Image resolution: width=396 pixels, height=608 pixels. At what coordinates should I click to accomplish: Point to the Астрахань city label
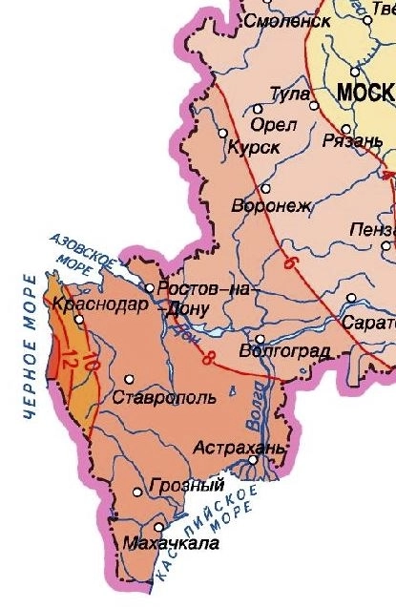[x=239, y=447]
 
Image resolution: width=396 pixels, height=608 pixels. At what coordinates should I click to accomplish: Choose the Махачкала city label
[x=171, y=544]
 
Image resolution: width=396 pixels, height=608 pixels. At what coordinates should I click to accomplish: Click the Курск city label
[x=253, y=148]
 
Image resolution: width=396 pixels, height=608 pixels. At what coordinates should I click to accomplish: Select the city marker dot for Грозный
[x=138, y=493]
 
